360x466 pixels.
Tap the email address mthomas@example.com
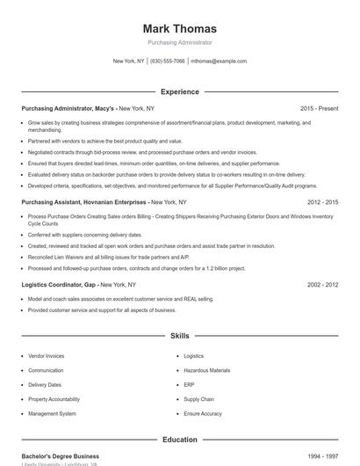(x=219, y=62)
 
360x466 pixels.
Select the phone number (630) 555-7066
(x=168, y=62)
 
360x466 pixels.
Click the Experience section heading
(x=179, y=91)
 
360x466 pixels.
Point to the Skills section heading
(x=179, y=336)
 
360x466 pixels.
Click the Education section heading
(x=179, y=440)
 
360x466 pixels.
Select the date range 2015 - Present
(x=319, y=108)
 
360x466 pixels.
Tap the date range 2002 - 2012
(x=322, y=285)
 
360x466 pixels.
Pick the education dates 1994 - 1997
(x=322, y=456)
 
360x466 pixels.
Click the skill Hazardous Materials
(x=206, y=370)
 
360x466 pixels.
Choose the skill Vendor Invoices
(x=46, y=356)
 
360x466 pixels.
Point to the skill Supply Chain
(x=198, y=398)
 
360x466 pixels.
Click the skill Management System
(x=52, y=413)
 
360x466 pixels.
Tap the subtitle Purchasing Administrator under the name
(x=179, y=42)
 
